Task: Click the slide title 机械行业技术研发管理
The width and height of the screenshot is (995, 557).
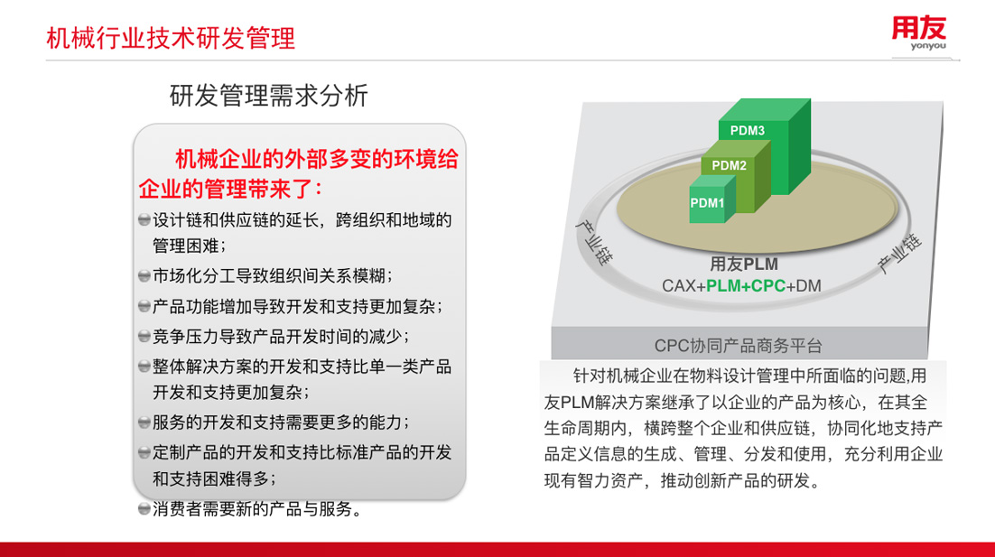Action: coord(171,38)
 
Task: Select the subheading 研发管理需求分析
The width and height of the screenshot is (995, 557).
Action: coord(268,95)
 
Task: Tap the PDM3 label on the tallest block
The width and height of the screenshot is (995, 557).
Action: coord(747,131)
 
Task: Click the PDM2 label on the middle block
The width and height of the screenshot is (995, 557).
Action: coord(729,165)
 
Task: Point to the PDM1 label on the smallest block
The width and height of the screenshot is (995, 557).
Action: coord(707,203)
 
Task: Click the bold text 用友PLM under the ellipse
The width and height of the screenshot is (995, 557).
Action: coord(744,264)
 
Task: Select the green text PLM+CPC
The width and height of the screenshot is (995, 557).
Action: coord(746,286)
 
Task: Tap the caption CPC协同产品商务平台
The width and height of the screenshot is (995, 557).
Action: coord(738,346)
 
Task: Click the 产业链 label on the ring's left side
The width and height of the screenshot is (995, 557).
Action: coord(595,242)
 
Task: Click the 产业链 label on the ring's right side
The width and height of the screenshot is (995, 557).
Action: coord(899,253)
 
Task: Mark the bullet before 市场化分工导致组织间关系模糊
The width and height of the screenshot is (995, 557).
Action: coord(144,276)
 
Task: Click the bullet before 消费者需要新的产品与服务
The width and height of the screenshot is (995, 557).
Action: coord(144,509)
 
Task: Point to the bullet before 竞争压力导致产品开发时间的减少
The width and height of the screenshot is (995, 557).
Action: coord(144,336)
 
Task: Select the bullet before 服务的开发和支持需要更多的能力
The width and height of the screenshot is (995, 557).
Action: coord(144,422)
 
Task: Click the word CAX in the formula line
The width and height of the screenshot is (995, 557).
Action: coord(678,286)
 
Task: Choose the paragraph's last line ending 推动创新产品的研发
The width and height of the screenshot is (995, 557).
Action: coord(683,480)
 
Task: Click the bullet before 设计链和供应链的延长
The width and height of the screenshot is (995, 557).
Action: coord(144,220)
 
